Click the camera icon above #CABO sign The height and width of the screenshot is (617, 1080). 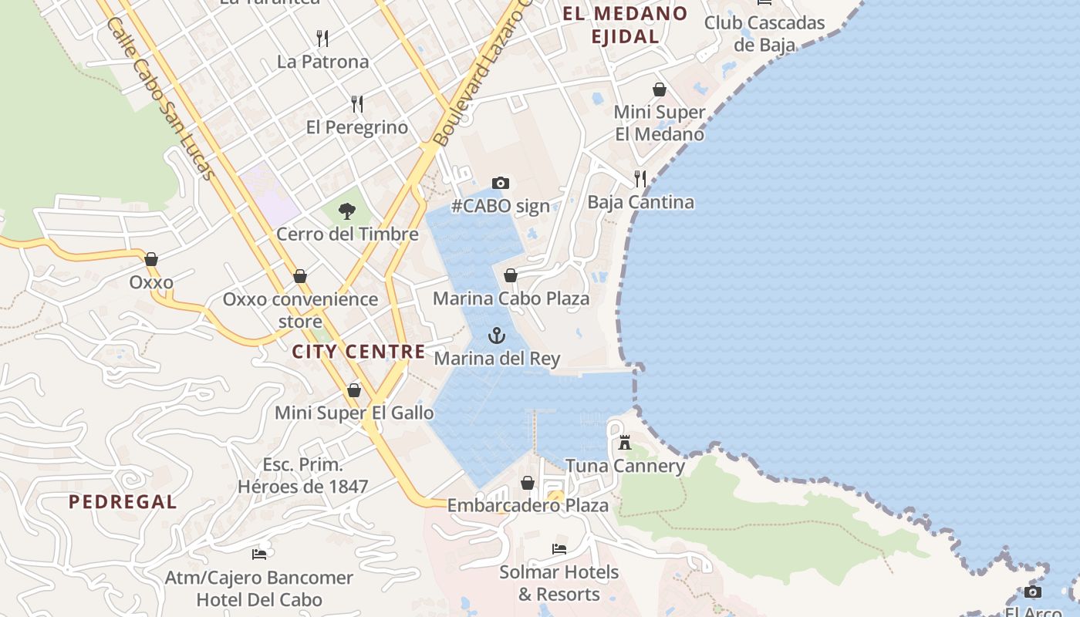point(501,183)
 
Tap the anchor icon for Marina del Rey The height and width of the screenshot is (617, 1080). point(497,335)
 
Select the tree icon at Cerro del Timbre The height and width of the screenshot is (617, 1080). point(347,211)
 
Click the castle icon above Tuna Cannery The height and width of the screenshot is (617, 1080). point(625,443)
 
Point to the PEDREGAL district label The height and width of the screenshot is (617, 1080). point(123,502)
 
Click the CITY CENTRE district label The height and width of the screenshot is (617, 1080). point(359,352)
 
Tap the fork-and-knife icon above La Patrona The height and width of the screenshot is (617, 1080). point(322,38)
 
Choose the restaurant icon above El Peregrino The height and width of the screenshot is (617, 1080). point(356,103)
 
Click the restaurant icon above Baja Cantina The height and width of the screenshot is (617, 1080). point(640,179)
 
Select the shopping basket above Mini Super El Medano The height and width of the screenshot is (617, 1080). point(660,89)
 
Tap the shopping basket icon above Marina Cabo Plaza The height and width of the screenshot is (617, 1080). point(511,275)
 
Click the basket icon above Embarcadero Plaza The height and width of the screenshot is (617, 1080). point(528,483)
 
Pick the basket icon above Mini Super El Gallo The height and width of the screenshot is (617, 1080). point(354,390)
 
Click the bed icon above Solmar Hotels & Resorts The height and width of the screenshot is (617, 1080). point(559,549)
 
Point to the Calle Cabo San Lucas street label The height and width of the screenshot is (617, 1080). point(160,100)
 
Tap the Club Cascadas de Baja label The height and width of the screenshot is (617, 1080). point(764,33)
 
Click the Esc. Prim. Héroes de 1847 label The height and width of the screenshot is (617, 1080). point(302,476)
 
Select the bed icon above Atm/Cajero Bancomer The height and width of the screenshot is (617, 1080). point(259,554)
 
